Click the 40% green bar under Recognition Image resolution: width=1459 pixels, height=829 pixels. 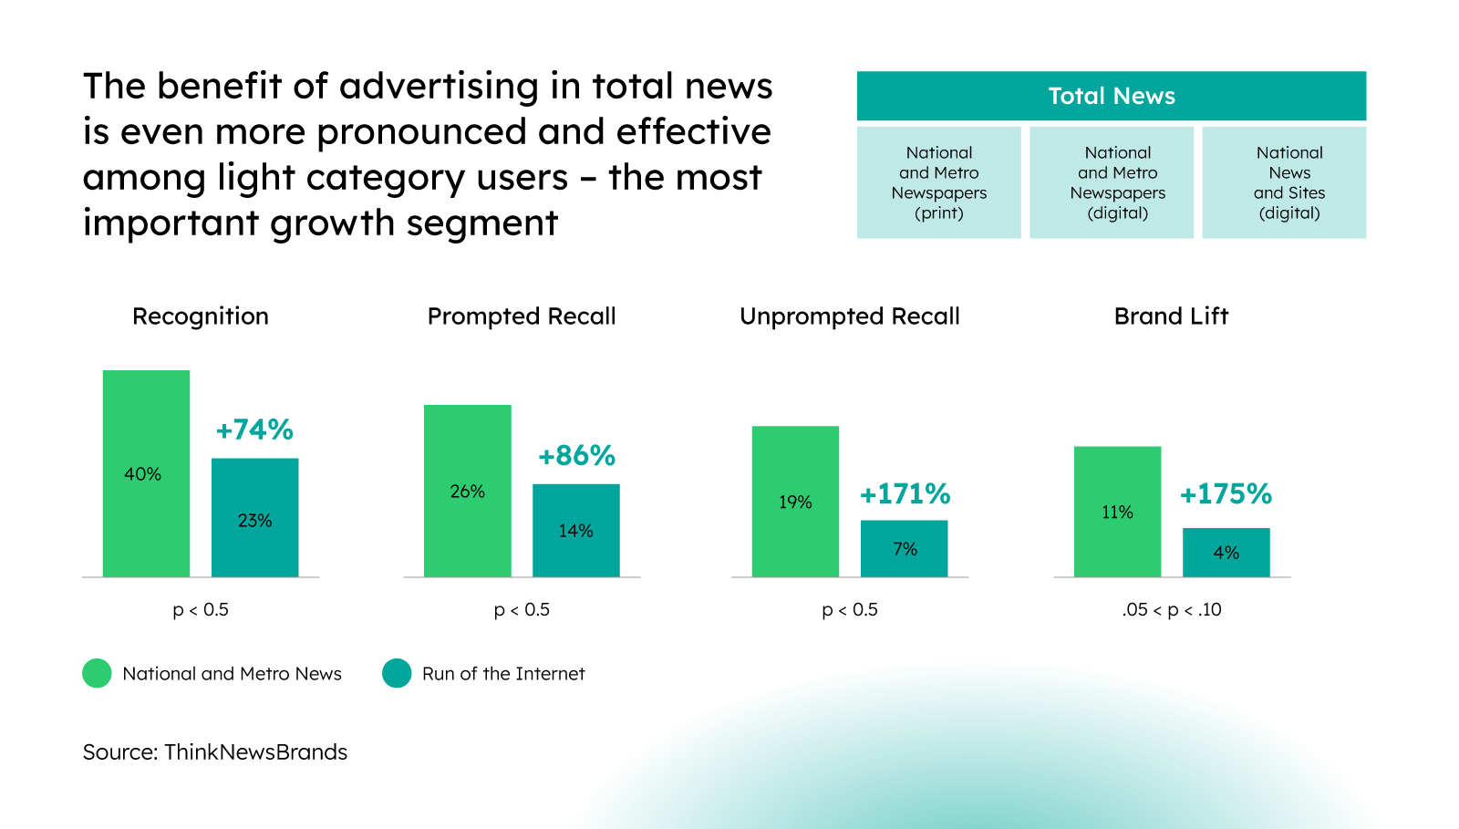146,473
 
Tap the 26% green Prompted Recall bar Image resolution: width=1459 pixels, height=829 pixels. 467,491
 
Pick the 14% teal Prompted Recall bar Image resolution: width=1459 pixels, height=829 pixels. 575,530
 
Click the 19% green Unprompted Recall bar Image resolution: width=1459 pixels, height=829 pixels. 795,502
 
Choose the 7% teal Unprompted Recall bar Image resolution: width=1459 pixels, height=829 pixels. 904,548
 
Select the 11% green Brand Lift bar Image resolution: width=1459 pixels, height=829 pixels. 1117,512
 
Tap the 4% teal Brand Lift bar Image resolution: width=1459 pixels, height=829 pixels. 1226,552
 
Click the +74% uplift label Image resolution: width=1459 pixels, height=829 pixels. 254,430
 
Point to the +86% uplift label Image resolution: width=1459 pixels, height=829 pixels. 576,455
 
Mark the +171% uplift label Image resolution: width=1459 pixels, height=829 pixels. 905,494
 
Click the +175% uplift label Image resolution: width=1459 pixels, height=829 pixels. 1226,494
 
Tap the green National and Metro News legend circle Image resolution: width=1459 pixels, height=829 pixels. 97,673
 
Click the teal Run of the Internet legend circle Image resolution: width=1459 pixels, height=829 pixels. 397,673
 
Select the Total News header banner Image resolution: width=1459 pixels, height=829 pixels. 1111,96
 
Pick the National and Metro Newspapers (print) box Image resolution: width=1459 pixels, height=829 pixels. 938,182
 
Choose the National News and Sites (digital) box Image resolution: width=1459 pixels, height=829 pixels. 1284,182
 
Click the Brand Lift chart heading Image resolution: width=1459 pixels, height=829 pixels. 1171,316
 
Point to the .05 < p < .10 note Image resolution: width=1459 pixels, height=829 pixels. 1171,609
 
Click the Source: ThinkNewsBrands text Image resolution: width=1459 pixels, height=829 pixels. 215,752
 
